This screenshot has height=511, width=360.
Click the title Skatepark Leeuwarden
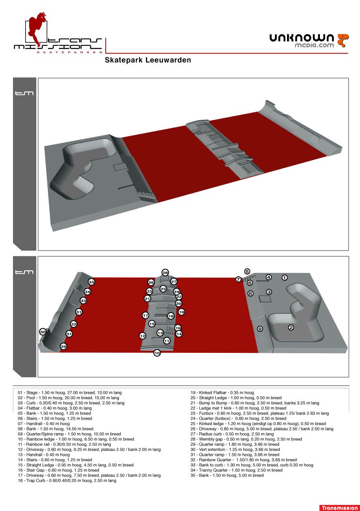[x=148, y=60]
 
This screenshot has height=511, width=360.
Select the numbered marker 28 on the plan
[x=165, y=273]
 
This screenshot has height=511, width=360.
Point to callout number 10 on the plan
[x=157, y=353]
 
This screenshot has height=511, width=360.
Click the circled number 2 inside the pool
[x=291, y=327]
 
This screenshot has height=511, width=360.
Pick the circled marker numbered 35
[x=91, y=282]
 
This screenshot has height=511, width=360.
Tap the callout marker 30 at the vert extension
[x=43, y=332]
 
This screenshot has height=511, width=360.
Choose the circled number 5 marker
[x=247, y=271]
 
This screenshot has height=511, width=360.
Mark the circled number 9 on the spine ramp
[x=260, y=329]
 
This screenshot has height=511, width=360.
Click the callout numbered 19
[x=181, y=312]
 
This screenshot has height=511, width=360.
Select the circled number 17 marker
[x=146, y=315]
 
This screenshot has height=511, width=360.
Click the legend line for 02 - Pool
[x=69, y=397]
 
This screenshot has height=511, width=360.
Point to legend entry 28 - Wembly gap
[x=246, y=439]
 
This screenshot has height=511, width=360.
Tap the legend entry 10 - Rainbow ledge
[x=76, y=439]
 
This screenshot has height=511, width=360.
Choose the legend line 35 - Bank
[x=227, y=475]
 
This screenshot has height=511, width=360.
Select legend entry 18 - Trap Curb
[x=67, y=481]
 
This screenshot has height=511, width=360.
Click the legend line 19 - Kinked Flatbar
[x=222, y=393]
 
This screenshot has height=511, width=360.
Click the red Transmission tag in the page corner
[x=339, y=508]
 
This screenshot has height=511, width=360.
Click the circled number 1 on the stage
[x=284, y=277]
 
